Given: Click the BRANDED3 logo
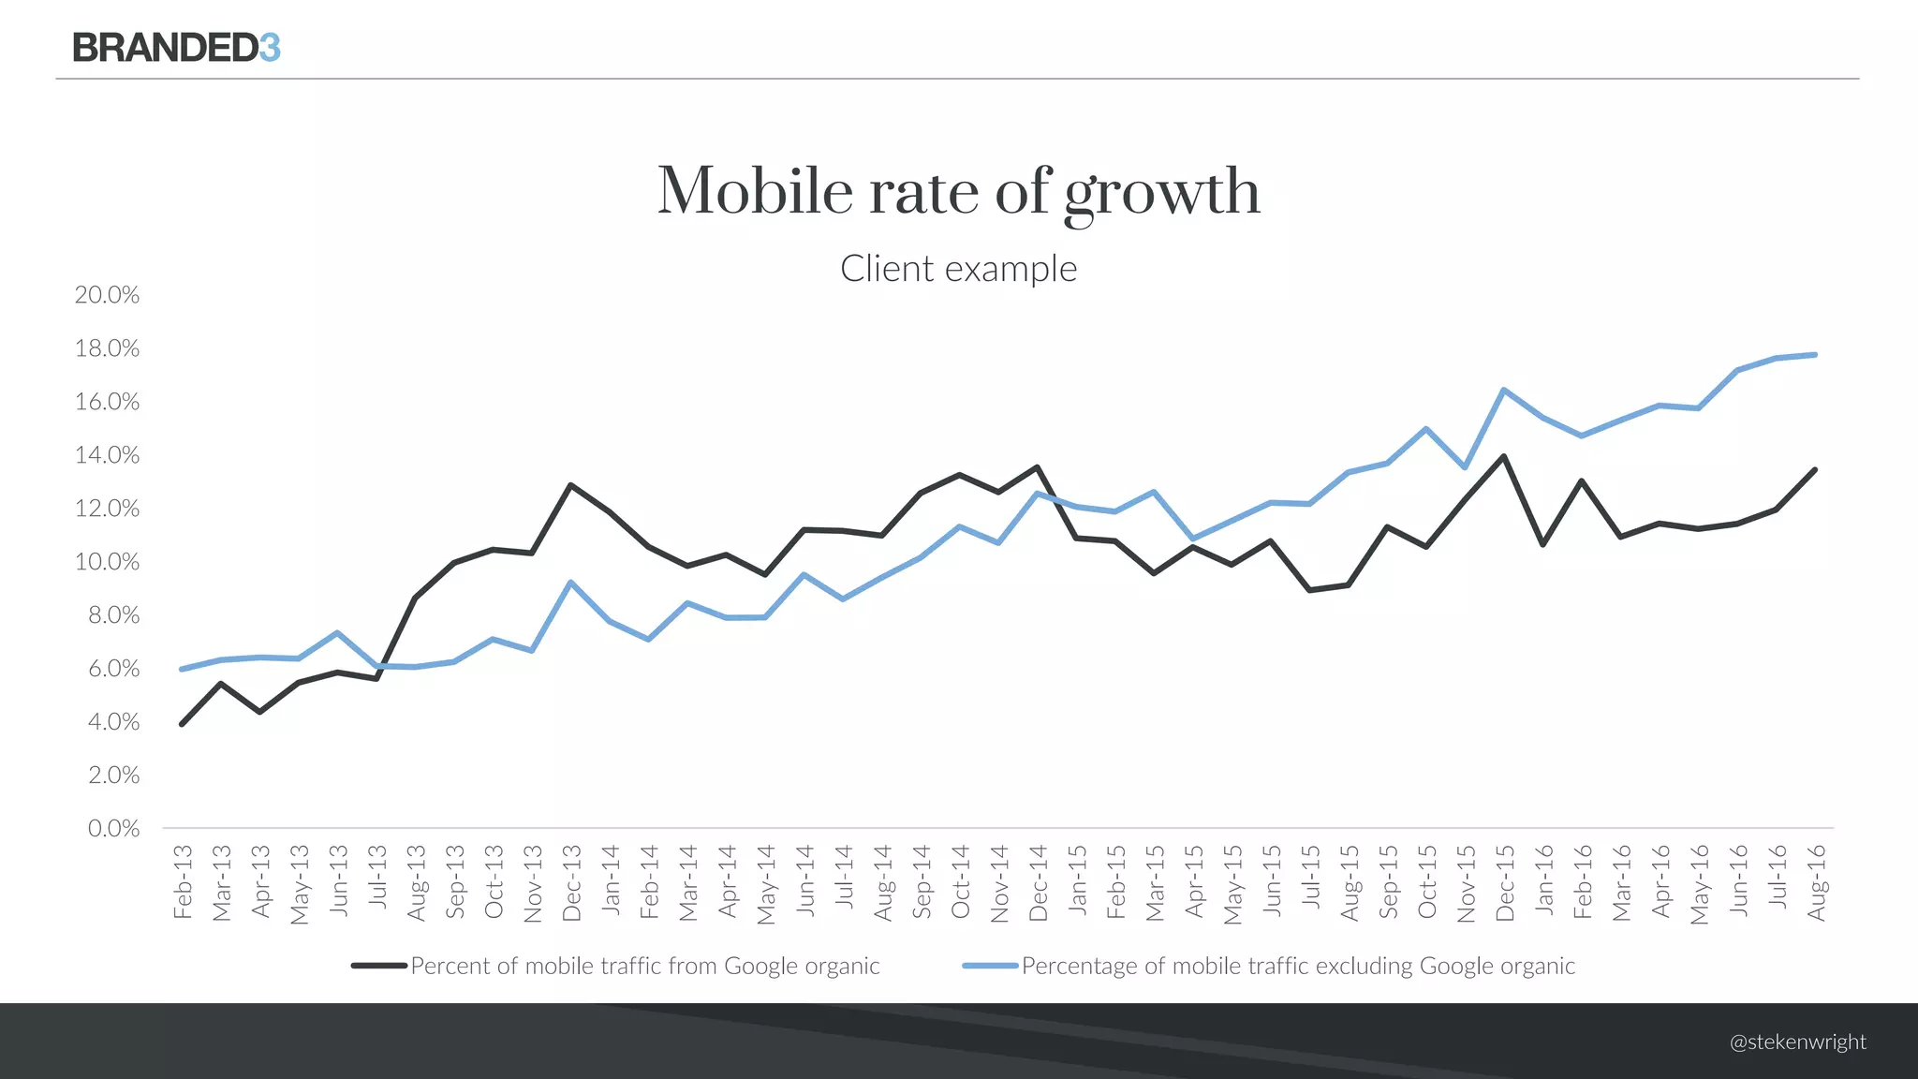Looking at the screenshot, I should (176, 48).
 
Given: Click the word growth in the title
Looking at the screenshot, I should (1162, 193).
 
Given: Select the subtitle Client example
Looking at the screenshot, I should (958, 269).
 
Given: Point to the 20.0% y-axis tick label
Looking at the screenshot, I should (107, 295).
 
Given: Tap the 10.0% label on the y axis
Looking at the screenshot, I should (107, 562).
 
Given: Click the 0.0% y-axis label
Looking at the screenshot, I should (112, 829).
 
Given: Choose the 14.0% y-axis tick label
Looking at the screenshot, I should (107, 455).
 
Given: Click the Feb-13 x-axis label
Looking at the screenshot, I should (183, 881).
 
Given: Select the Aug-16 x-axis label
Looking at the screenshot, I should (1816, 881).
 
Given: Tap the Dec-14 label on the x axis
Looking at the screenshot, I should (1038, 882).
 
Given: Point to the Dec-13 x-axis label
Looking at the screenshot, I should (571, 882).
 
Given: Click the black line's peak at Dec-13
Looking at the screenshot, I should (570, 485).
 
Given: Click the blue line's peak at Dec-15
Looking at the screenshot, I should (1503, 390).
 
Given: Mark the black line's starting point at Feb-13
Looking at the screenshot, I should (182, 724).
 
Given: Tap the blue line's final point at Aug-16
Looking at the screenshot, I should (1815, 355).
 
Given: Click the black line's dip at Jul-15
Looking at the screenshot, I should (1309, 590).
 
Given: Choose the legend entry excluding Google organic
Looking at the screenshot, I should (1269, 966).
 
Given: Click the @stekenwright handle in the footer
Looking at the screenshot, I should (1797, 1042).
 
